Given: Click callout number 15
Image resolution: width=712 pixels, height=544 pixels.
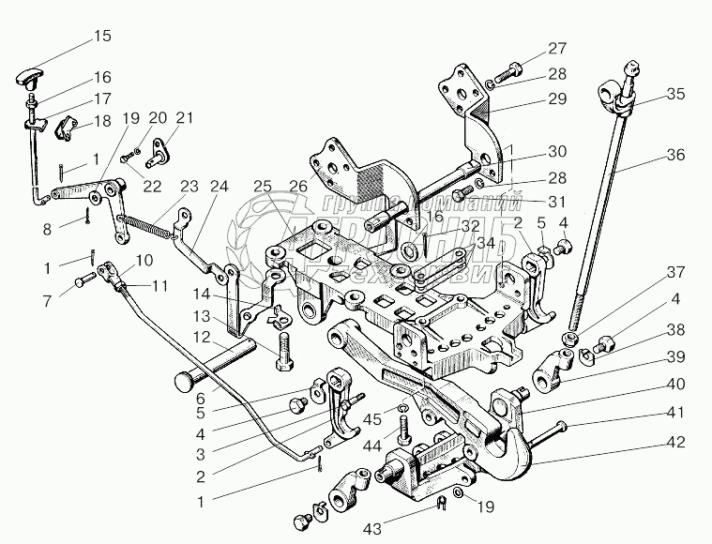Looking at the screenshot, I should [x=101, y=37].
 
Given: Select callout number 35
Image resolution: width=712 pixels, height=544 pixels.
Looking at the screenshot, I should [x=675, y=93].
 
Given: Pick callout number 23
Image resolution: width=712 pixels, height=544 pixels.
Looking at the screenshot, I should [x=190, y=186].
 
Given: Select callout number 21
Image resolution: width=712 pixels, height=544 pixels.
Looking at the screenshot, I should [x=184, y=117].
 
